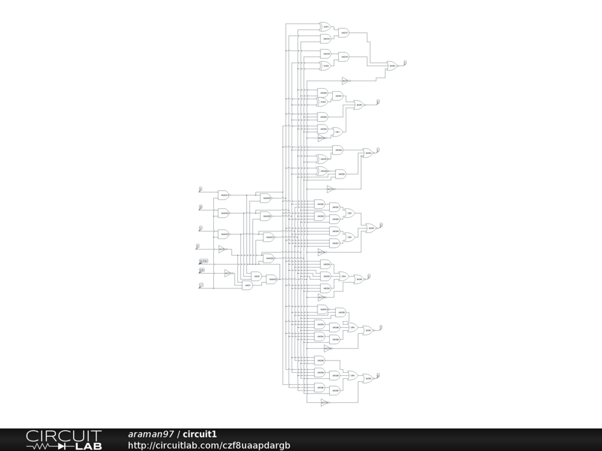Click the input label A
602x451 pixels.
[200, 189]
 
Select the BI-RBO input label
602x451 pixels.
[203, 260]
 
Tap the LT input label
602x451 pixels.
[201, 285]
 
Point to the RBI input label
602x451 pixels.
[202, 270]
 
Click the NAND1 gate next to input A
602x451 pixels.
[223, 195]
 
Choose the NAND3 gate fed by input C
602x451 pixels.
[223, 234]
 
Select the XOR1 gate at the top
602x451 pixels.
[325, 27]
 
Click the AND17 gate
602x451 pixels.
[345, 33]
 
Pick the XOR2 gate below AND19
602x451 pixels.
[325, 66]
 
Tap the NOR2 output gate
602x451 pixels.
[392, 66]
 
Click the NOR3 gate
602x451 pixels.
[359, 105]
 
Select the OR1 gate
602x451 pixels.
[337, 132]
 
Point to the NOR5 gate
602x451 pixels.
[371, 228]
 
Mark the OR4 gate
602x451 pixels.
[344, 276]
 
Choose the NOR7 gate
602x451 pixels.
[367, 331]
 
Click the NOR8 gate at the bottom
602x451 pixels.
[367, 379]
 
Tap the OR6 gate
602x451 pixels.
[353, 375]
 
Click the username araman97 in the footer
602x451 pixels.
[150, 435]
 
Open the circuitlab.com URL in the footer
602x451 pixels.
[209, 446]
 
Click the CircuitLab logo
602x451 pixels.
[63, 440]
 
